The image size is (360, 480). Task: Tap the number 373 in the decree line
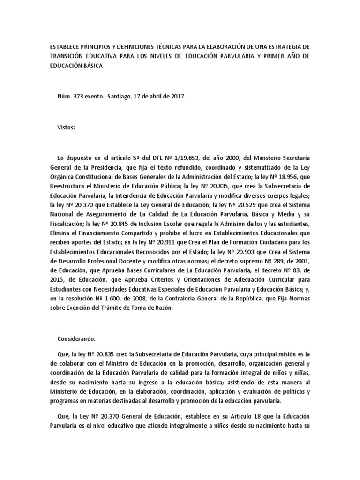78,96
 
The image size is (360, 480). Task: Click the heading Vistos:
66,127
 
